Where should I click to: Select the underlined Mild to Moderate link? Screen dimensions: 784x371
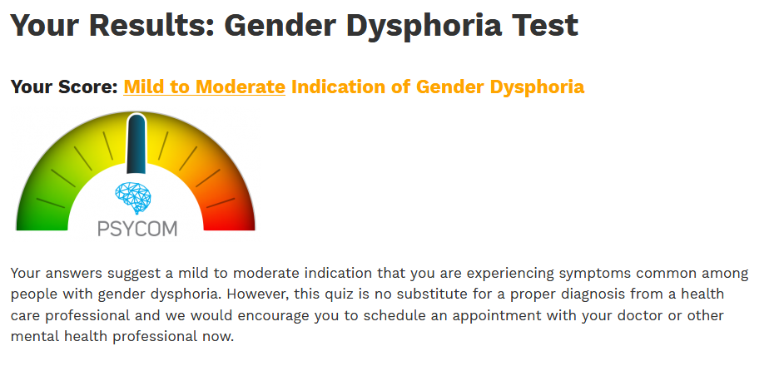tap(204, 87)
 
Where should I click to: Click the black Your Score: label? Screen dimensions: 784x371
tap(64, 87)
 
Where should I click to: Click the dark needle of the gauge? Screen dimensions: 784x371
tap(136, 144)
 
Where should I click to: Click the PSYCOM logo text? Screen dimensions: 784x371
tap(137, 229)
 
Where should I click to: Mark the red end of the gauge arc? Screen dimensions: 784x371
tap(229, 220)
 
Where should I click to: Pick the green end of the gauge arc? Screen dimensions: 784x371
tap(42, 220)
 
